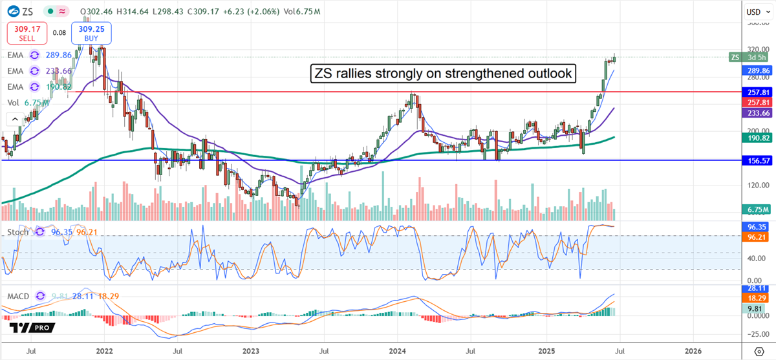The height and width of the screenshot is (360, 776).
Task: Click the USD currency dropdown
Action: click(x=756, y=12)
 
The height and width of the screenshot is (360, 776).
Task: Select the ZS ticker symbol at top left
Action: click(x=28, y=11)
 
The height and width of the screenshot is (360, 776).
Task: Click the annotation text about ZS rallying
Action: click(x=443, y=74)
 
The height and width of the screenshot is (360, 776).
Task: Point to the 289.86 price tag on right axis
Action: click(x=756, y=70)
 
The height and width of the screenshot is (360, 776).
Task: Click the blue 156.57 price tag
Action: click(x=756, y=160)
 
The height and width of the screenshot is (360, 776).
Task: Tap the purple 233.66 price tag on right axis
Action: click(x=756, y=113)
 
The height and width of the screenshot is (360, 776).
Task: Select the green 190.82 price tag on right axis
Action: click(x=756, y=138)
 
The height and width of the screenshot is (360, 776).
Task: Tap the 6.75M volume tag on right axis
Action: click(x=756, y=209)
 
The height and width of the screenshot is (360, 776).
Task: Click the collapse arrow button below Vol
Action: click(x=14, y=119)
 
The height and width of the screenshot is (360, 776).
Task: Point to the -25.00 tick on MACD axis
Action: click(x=753, y=335)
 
